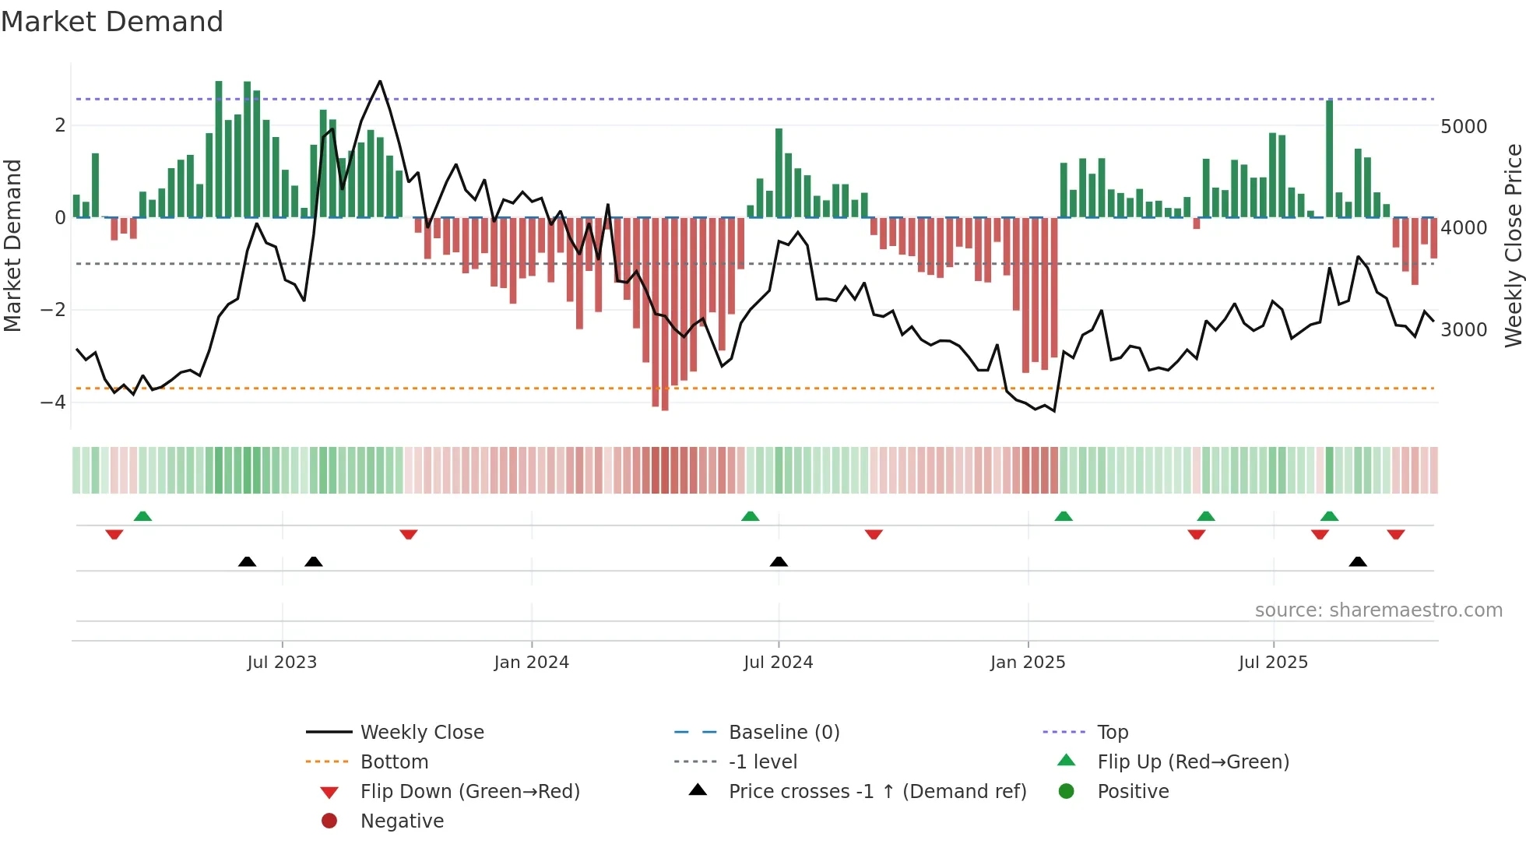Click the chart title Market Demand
(x=112, y=22)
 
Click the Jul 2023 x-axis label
(x=282, y=663)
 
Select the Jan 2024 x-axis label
(x=532, y=663)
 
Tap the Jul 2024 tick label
(x=779, y=663)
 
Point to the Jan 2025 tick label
(x=1028, y=663)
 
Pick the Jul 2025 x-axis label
(x=1274, y=663)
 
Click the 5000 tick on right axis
(x=1464, y=127)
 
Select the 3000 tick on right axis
(x=1464, y=330)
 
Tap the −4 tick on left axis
(x=53, y=403)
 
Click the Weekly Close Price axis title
(x=1513, y=245)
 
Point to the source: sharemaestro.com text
(x=1378, y=610)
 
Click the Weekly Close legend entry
(x=422, y=733)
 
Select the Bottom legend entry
(x=394, y=762)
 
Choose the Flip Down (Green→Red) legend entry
(x=469, y=792)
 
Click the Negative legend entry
(x=402, y=821)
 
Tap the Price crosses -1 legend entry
(x=877, y=792)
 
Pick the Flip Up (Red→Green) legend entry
(x=1193, y=762)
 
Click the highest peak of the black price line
(x=380, y=81)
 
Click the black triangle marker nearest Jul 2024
(x=779, y=561)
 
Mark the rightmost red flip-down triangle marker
(x=1396, y=534)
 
